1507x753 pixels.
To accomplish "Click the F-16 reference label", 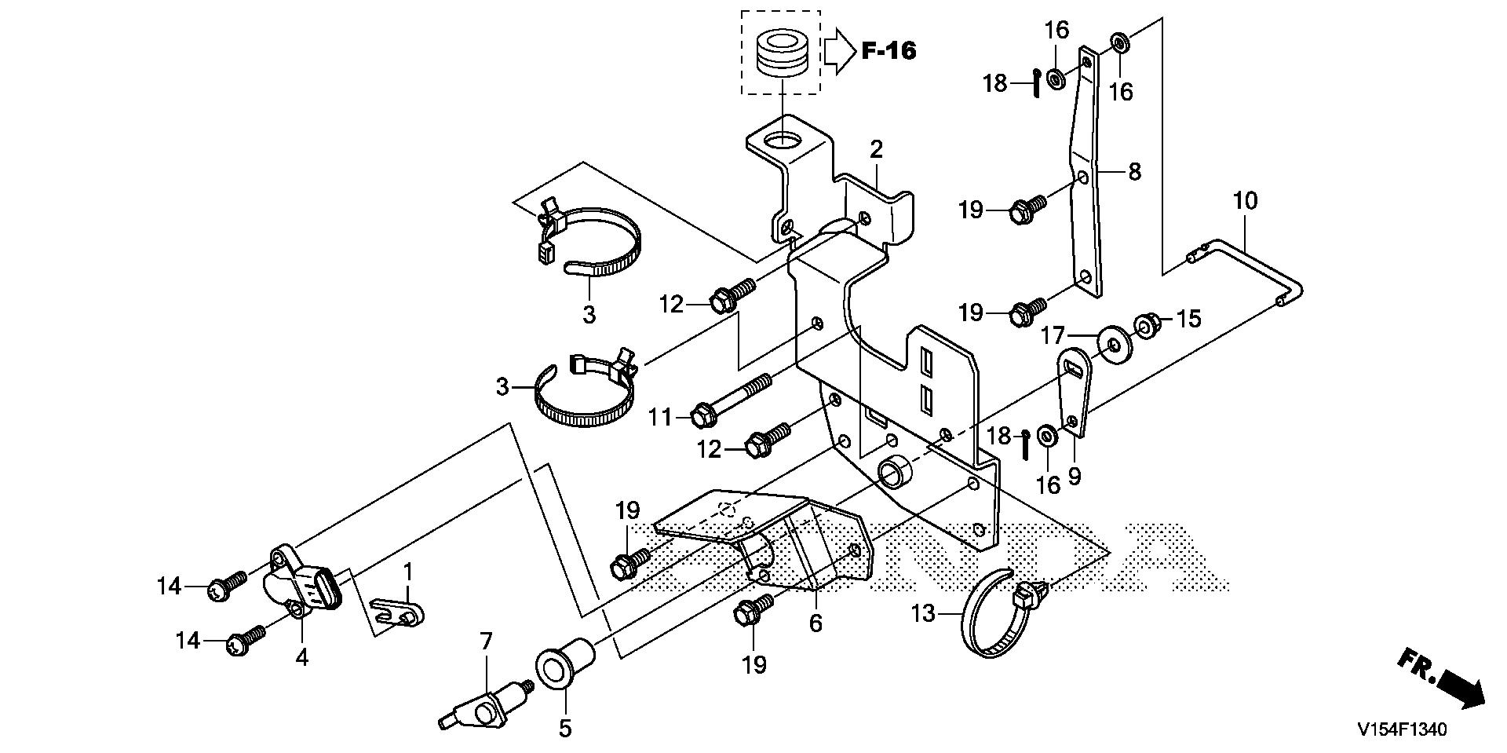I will tap(889, 51).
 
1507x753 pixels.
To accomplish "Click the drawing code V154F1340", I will tap(1402, 729).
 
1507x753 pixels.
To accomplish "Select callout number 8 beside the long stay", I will tap(1134, 172).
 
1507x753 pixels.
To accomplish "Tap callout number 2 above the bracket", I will tap(876, 149).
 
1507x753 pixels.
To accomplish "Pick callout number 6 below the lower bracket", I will tap(816, 624).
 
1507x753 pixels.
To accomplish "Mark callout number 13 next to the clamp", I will tap(924, 613).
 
